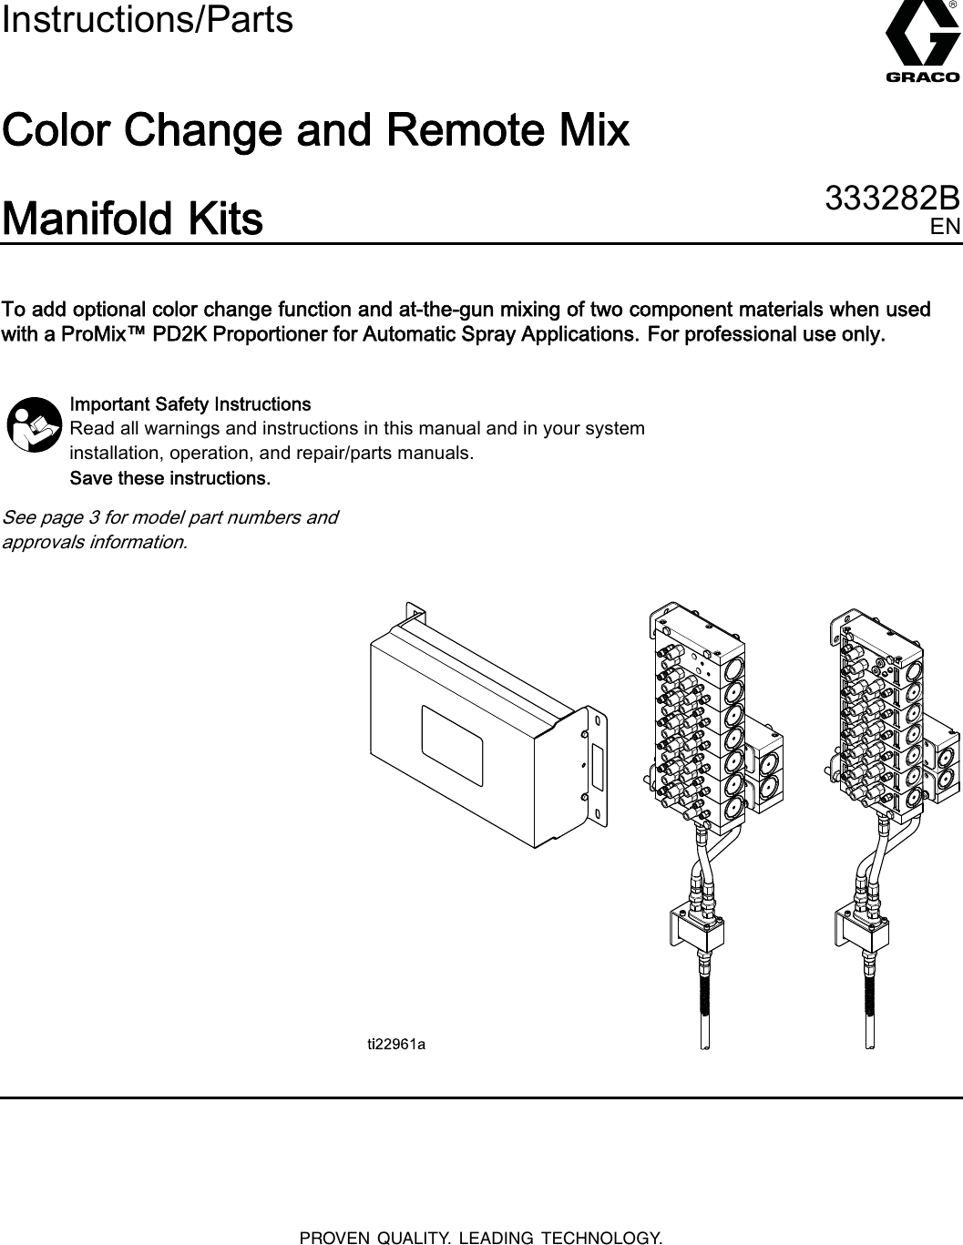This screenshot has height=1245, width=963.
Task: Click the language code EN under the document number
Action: coord(945,227)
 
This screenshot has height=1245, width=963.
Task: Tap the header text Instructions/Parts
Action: coord(148,19)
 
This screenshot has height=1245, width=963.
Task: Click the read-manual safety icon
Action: coord(34,424)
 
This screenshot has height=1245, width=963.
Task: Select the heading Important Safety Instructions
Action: coord(190,403)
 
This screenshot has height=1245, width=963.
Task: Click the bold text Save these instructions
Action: coord(170,478)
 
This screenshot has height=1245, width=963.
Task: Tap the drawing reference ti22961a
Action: coord(396,1045)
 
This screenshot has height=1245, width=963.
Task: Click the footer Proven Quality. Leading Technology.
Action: coord(481,1237)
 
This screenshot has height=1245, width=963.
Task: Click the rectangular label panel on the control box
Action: coord(452,733)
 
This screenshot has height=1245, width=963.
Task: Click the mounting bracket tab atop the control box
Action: coord(415,612)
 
